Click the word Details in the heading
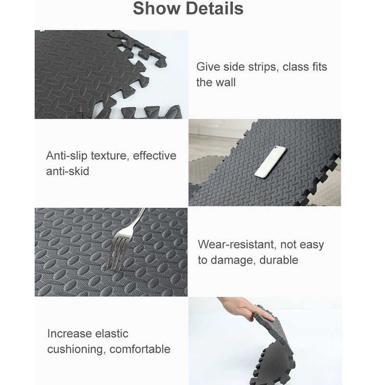point(215,8)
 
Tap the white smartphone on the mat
point(270,162)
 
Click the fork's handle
point(137,221)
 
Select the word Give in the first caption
point(208,67)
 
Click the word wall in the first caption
point(226,82)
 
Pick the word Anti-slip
point(66,156)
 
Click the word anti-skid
point(67,171)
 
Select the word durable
point(279,260)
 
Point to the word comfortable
point(140,349)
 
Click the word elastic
point(112,334)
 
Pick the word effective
point(154,155)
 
